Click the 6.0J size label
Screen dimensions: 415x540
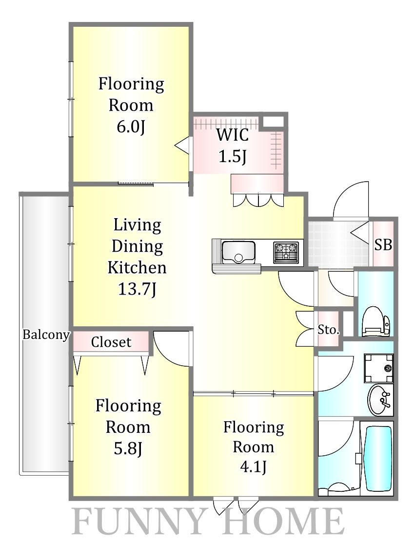pyautogui.click(x=131, y=127)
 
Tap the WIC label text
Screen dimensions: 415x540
pyautogui.click(x=233, y=135)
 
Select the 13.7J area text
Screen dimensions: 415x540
pyautogui.click(x=138, y=289)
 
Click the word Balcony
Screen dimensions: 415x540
pyautogui.click(x=46, y=335)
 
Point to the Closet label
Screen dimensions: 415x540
pyautogui.click(x=111, y=342)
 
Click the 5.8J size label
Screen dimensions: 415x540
pyautogui.click(x=128, y=449)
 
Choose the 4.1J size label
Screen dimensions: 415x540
pyautogui.click(x=253, y=467)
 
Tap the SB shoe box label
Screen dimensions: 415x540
pyautogui.click(x=383, y=244)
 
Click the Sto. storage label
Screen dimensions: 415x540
pyautogui.click(x=328, y=330)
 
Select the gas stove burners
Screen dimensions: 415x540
pyautogui.click(x=286, y=252)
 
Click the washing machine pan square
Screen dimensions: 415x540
pyautogui.click(x=379, y=368)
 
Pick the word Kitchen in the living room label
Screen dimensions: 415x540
pyautogui.click(x=137, y=268)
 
